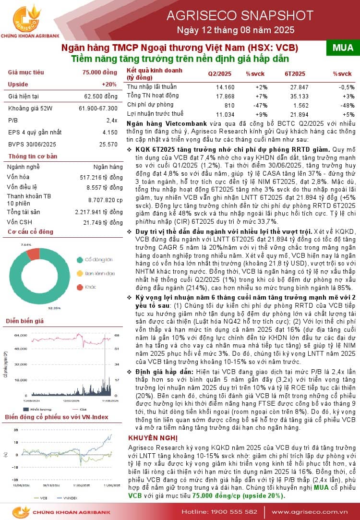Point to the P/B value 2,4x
tap(112, 120)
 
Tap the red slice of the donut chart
tap(33, 253)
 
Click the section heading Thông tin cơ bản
tap(33, 156)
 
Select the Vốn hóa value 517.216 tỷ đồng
tap(101, 177)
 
